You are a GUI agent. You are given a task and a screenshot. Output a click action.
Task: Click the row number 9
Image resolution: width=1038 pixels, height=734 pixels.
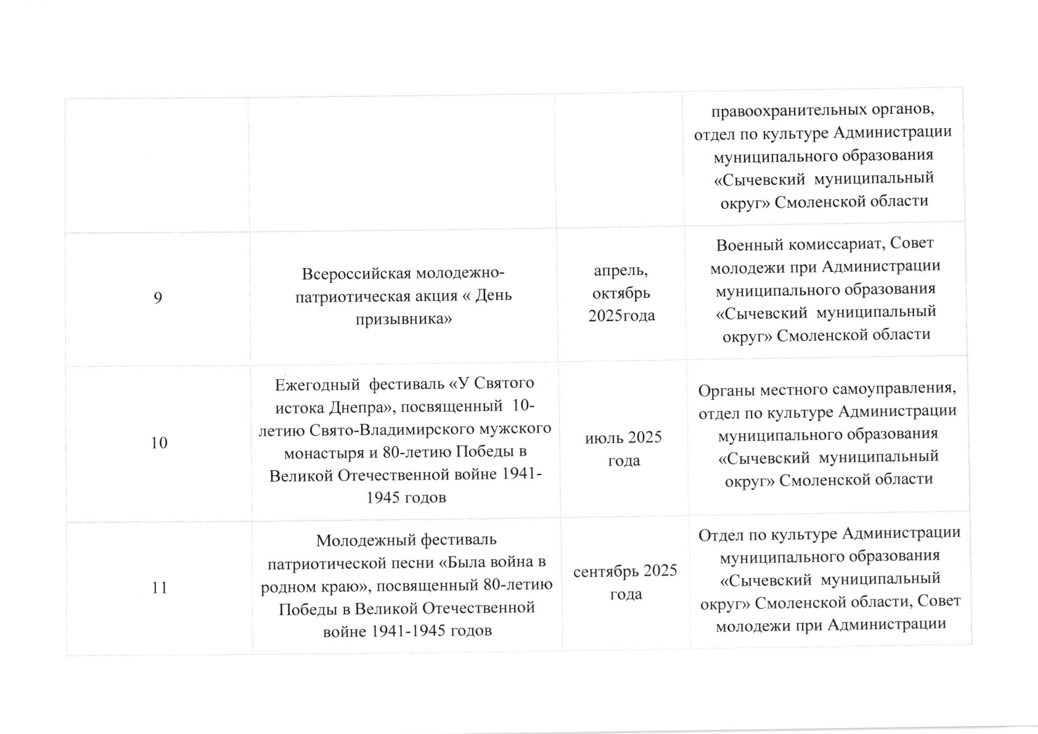(158, 298)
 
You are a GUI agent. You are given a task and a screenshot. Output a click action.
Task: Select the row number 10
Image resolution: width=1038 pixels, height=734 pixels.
(159, 442)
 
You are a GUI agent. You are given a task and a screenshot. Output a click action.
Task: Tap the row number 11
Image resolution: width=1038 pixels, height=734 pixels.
(160, 587)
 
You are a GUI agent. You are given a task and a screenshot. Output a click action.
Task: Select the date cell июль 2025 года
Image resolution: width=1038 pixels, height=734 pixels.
(623, 449)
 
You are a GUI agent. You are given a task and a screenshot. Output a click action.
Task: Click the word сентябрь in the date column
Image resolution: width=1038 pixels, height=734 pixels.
(607, 571)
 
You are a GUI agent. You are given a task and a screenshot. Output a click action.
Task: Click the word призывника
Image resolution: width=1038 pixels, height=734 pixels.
(404, 319)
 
